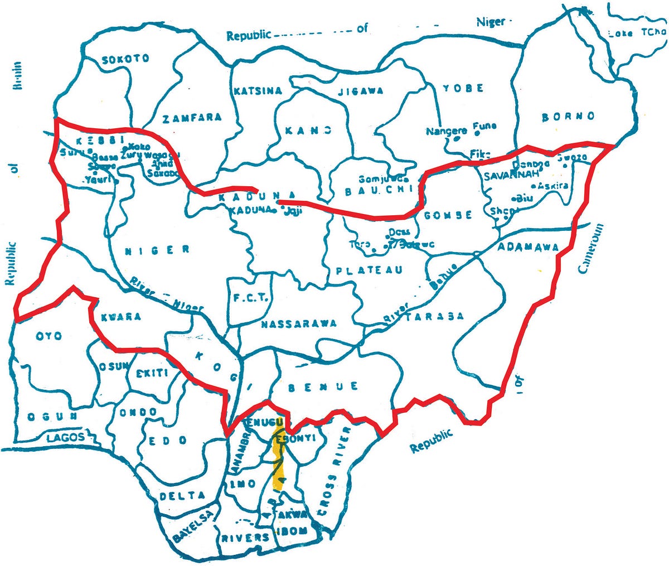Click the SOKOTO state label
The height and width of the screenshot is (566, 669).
click(x=126, y=58)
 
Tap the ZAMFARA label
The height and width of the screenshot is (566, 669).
click(x=192, y=118)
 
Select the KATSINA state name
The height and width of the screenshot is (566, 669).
click(x=258, y=91)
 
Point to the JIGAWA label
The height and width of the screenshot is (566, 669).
click(x=361, y=90)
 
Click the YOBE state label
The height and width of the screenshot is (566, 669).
click(x=463, y=88)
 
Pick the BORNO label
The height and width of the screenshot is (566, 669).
click(x=568, y=117)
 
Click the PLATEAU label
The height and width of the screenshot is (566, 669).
click(x=369, y=270)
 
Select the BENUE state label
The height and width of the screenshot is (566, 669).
click(x=323, y=386)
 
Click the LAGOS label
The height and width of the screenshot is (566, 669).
click(x=66, y=437)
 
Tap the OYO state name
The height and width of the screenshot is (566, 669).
click(x=49, y=336)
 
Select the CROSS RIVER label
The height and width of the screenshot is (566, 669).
click(x=333, y=474)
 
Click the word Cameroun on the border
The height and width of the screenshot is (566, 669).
click(x=591, y=249)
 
